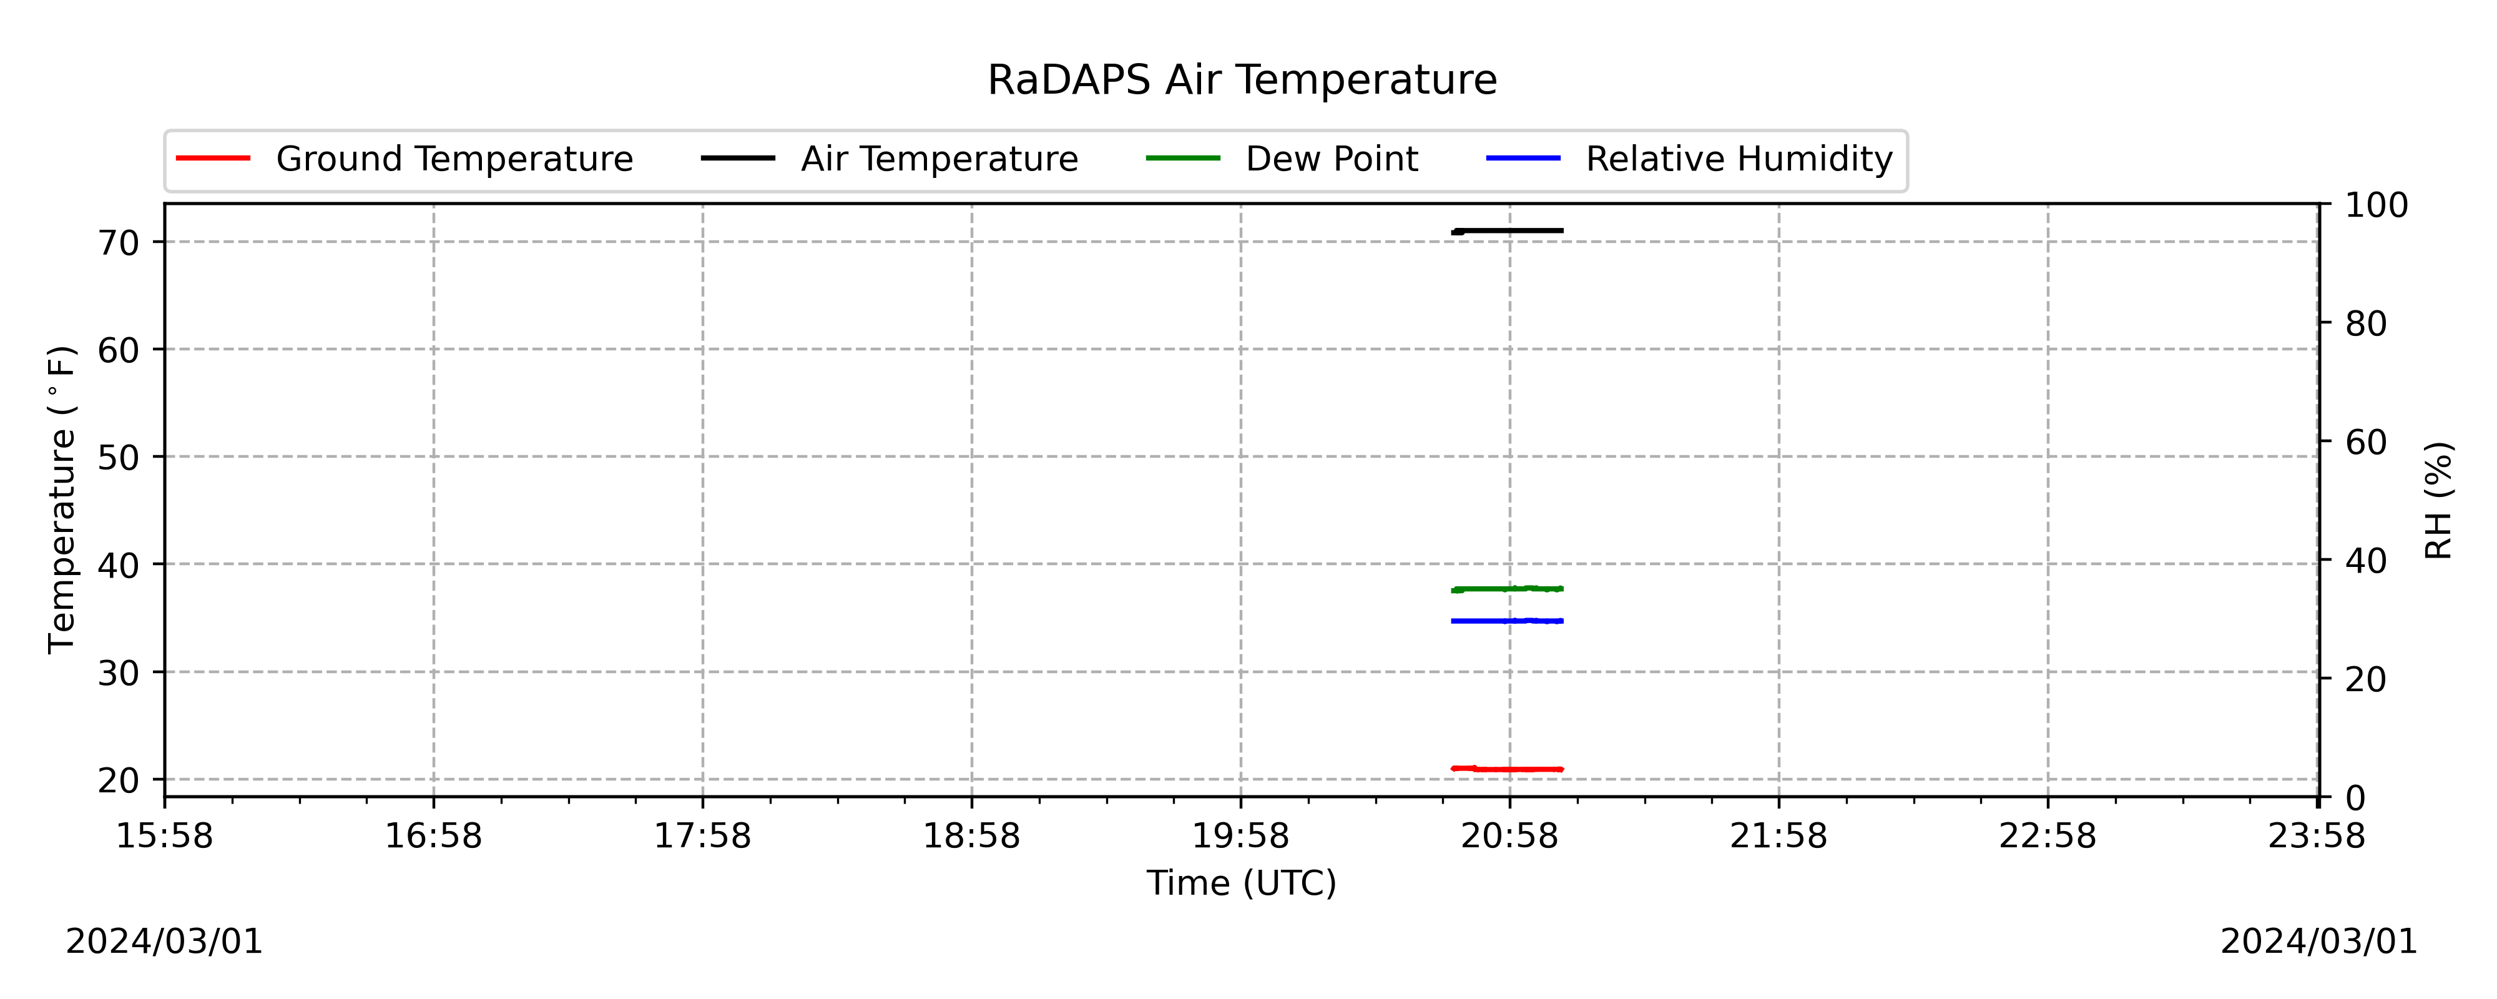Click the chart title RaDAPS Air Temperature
pos(1242,79)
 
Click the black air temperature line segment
pos(1508,231)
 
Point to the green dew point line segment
pos(1508,589)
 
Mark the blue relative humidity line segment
pos(1508,621)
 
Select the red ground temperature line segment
pos(1508,769)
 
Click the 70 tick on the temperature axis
pos(118,242)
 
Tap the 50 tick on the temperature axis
pos(118,458)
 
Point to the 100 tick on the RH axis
pos(2377,205)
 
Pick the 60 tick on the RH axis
pos(2366,442)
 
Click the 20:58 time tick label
pos(1509,836)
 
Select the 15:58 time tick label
pos(165,836)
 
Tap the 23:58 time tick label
pos(2317,836)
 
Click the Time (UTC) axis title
pos(1242,883)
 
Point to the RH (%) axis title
pos(2439,501)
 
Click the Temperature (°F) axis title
pos(61,499)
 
